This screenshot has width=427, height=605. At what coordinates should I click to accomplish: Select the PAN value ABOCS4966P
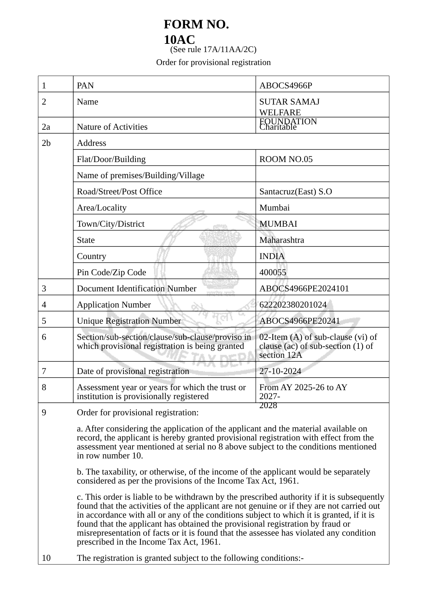point(286,86)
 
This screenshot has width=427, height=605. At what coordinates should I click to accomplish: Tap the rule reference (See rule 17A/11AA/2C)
point(213,49)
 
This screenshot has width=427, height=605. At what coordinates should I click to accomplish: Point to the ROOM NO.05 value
point(286,159)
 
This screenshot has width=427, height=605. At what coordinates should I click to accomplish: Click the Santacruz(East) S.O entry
point(296,191)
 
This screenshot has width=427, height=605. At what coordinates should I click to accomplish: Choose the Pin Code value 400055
point(273,272)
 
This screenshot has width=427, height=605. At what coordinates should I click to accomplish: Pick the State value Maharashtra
point(282,240)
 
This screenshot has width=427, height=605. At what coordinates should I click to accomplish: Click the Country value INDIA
point(272,256)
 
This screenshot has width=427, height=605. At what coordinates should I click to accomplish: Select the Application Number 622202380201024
point(293,305)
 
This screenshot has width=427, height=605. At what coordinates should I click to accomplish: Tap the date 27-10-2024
point(280,371)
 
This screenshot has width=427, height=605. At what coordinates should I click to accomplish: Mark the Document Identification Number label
point(136,288)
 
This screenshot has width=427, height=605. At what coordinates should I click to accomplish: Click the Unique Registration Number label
point(129,321)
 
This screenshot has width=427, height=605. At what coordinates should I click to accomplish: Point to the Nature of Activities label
point(112,127)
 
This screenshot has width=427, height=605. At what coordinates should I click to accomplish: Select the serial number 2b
point(46,143)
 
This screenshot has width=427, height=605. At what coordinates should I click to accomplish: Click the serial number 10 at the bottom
point(46,558)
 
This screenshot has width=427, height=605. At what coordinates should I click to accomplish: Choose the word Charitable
point(278,127)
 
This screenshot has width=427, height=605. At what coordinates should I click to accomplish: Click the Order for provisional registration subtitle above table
point(213,63)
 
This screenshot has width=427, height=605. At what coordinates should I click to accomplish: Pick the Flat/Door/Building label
point(111,159)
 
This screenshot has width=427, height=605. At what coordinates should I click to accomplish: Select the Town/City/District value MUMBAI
point(278,224)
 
